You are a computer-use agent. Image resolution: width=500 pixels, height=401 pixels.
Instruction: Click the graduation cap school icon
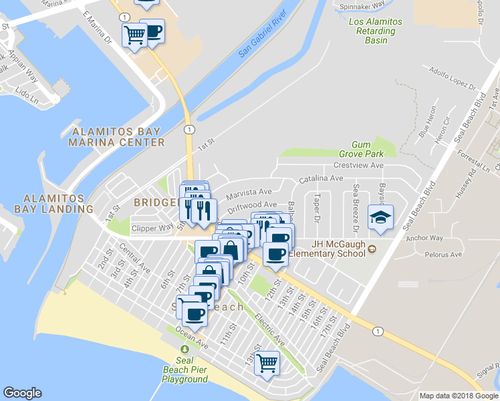[x=380, y=218]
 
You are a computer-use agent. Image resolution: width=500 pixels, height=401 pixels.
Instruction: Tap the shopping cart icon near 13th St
[x=267, y=364]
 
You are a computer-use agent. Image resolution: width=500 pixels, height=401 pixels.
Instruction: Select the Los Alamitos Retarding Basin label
[x=376, y=31]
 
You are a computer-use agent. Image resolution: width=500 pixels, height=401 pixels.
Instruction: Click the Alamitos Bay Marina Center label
[x=118, y=136]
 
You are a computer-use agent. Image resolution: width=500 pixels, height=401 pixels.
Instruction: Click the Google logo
[x=22, y=393]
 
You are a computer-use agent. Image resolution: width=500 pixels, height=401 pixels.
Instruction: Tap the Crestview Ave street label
[x=358, y=165]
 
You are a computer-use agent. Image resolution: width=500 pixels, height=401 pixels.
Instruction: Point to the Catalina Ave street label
[x=320, y=179]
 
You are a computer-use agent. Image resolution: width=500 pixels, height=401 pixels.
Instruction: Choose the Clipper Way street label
[x=152, y=228]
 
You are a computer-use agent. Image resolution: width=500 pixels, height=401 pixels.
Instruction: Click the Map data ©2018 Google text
[x=459, y=396]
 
